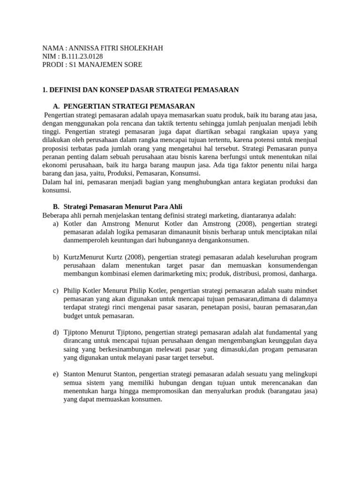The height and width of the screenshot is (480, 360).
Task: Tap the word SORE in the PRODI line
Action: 133,65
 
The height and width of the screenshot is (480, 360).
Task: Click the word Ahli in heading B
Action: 174,207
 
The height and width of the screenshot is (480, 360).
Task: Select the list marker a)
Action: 56,224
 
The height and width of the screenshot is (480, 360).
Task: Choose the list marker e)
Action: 56,374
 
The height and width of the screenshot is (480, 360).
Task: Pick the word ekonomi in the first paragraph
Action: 55,165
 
